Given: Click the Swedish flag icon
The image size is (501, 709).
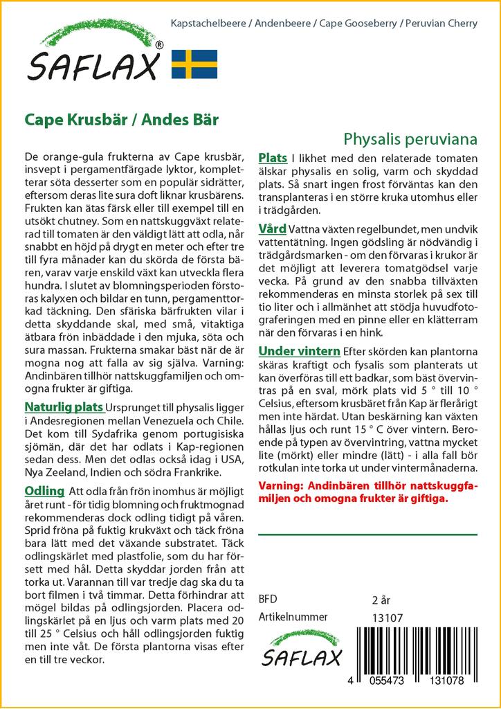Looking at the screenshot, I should [194, 64].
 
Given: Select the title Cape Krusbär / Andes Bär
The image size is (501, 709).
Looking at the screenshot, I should [122, 119].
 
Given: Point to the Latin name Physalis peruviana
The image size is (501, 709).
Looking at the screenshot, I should [410, 138].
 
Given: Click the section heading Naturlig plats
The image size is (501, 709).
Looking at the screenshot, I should [64, 406].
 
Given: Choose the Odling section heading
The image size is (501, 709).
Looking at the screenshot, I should [44, 491].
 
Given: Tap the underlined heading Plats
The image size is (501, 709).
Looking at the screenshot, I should [273, 158].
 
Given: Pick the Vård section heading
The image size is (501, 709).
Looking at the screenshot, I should [271, 228].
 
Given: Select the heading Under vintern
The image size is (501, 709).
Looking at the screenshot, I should [299, 351].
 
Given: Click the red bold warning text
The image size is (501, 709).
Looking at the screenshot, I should [367, 492].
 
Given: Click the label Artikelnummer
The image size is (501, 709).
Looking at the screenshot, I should [293, 617].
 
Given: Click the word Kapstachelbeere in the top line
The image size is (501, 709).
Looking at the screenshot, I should [204, 24].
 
